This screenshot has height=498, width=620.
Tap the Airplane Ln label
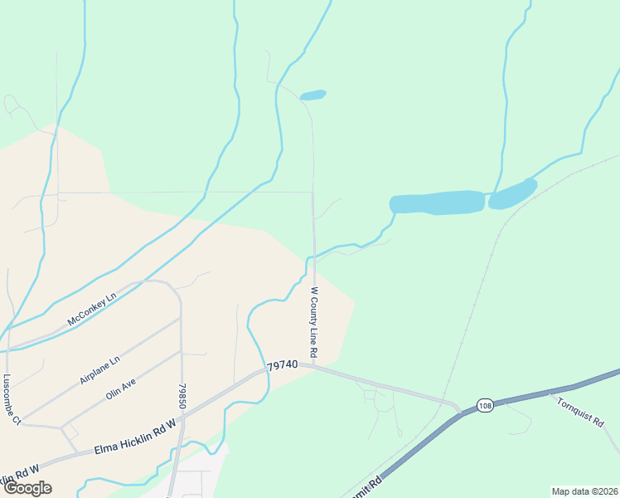[100, 369]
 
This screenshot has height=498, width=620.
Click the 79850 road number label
[182, 395]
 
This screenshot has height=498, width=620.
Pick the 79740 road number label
[282, 365]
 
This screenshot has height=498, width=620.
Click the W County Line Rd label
[314, 322]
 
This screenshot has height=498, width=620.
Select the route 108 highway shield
[485, 405]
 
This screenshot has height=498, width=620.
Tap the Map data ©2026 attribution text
[584, 491]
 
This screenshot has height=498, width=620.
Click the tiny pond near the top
[312, 95]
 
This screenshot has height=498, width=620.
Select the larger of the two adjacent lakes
[437, 203]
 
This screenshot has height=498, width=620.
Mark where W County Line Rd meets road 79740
[316, 366]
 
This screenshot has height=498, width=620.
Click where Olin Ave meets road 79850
[181, 351]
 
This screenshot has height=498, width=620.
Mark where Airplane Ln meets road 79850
[180, 318]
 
